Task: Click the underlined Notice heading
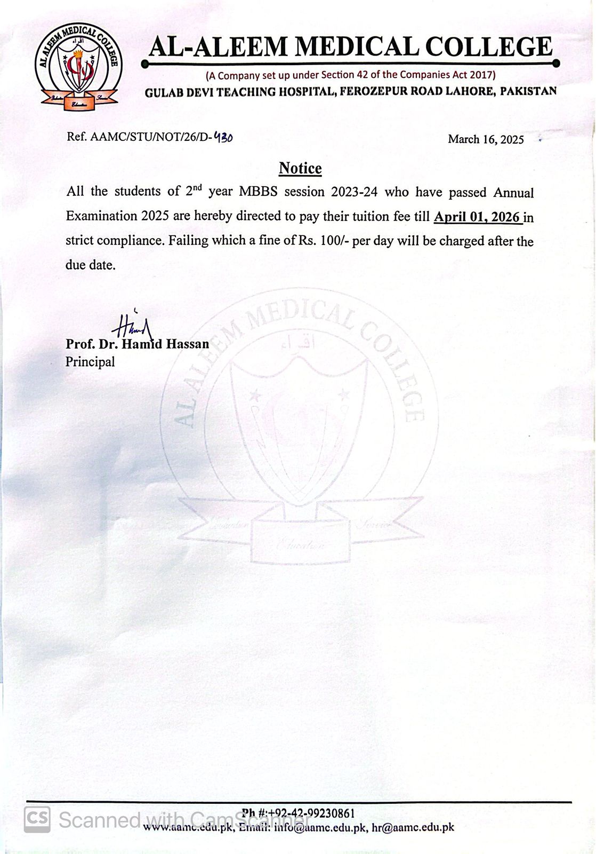tap(300, 169)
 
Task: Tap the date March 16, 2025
tap(486, 140)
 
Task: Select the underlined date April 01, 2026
tap(477, 217)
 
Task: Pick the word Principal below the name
tap(90, 362)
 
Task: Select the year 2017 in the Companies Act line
tap(482, 75)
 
